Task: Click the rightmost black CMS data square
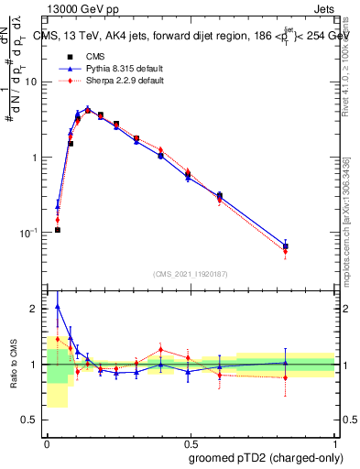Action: [x=286, y=245]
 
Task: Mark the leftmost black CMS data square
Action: [x=57, y=230]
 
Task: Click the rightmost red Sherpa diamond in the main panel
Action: [x=286, y=251]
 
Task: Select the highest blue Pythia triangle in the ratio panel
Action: [x=57, y=307]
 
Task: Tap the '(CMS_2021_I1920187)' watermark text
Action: [x=191, y=274]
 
